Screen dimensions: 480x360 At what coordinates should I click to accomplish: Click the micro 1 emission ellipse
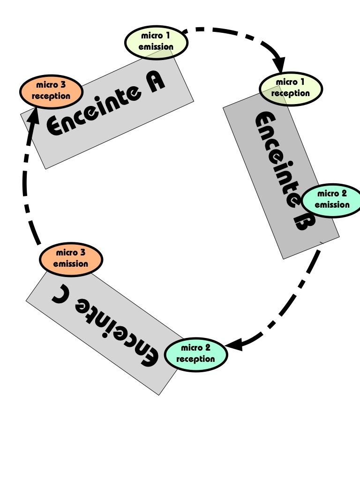point(156,42)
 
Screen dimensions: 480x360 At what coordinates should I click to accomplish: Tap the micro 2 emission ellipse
point(332,200)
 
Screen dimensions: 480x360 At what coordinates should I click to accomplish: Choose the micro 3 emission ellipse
point(71,259)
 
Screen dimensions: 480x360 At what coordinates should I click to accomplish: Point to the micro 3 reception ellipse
point(51,91)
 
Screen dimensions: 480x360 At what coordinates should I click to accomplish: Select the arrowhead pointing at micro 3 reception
point(32,113)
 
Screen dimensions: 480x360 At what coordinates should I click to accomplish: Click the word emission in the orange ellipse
point(71,264)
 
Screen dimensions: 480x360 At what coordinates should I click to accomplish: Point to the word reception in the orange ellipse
point(51,96)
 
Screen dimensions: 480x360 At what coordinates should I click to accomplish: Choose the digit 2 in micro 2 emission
point(345,194)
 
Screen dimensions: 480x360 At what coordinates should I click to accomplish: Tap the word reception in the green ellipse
point(195,360)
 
